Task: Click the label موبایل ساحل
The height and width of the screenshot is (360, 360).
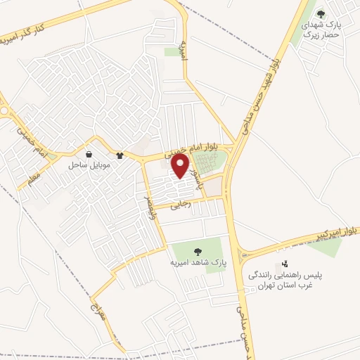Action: [x=86, y=165]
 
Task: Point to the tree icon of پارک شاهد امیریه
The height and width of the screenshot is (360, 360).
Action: [x=195, y=251]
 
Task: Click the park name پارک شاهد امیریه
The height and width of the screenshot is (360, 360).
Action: [x=194, y=262]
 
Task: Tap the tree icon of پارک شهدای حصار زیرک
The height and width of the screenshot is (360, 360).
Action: [x=321, y=13]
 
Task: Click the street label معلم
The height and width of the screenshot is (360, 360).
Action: [x=32, y=179]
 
